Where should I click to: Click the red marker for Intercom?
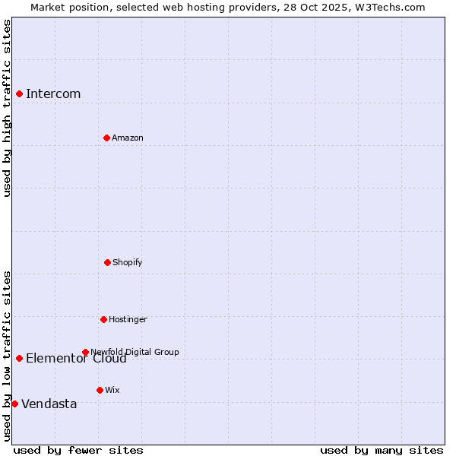[x=20, y=93]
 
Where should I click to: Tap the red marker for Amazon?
[x=106, y=138]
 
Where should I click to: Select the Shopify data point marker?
[x=107, y=262]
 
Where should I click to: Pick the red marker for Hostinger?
[x=103, y=319]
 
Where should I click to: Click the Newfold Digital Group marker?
[x=85, y=352]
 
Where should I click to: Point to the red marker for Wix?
[x=100, y=390]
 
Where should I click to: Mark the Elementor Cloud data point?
[x=19, y=358]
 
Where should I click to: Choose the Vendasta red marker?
[x=14, y=404]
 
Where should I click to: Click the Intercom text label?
[x=53, y=94]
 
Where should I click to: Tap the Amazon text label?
[x=128, y=138]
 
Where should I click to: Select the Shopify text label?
[x=128, y=263]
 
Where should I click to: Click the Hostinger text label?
[x=128, y=320]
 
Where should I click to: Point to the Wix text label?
[x=112, y=391]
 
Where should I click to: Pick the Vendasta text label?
[x=49, y=404]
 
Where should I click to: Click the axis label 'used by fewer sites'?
[x=78, y=450]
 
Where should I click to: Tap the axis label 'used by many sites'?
[x=382, y=450]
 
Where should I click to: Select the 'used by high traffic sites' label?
[x=7, y=108]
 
